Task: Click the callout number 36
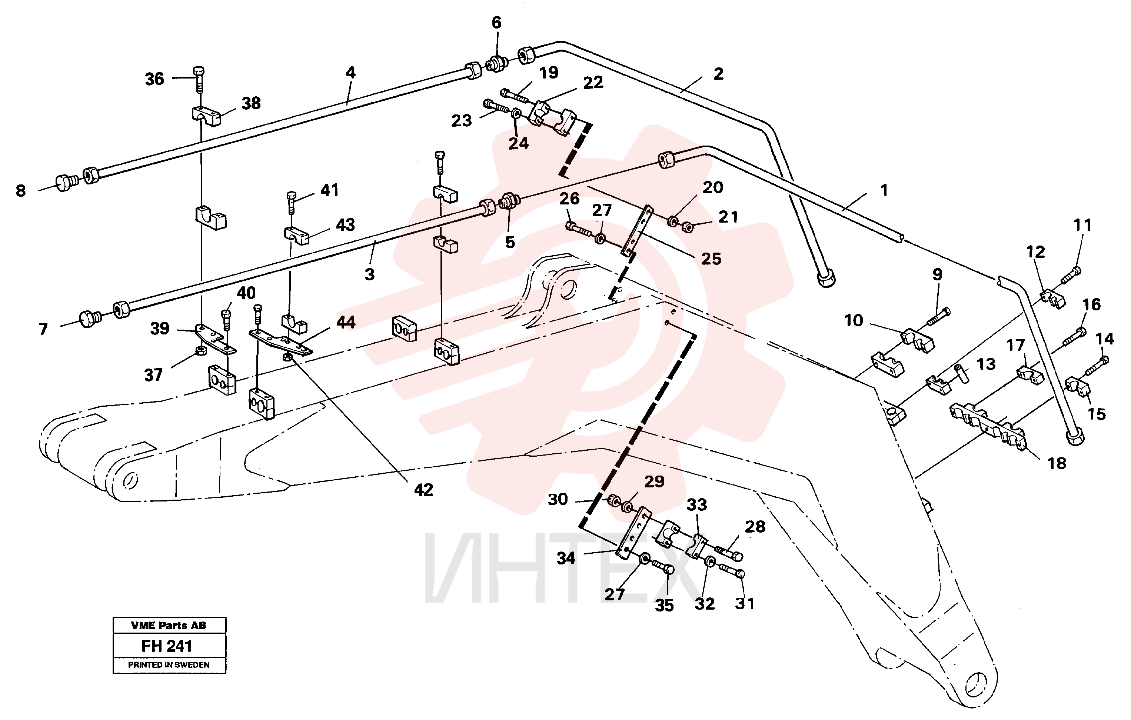pos(154,79)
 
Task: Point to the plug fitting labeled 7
pos(90,319)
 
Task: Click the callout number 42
pos(423,490)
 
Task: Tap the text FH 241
pos(167,646)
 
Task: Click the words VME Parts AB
pos(169,625)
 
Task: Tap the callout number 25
pos(711,258)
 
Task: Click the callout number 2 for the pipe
pos(718,74)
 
